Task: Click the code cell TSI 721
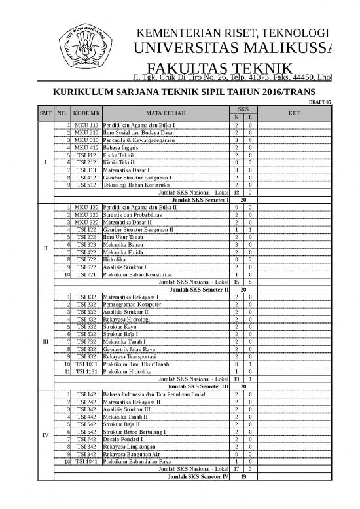pos(86,274)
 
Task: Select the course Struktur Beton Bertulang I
pos(138,433)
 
